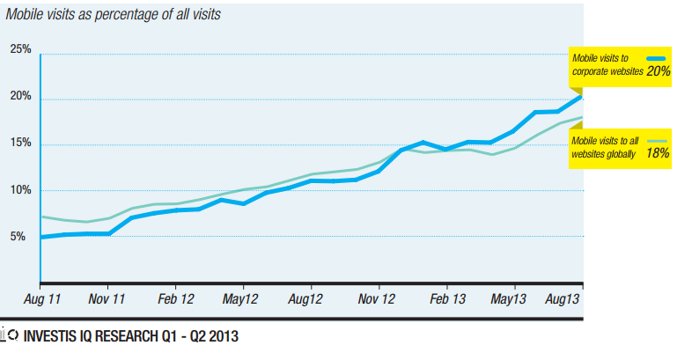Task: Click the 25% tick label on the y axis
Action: pos(20,50)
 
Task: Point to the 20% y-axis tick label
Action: pos(20,97)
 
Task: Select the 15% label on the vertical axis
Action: pos(20,143)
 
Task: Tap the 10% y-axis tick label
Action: pos(20,190)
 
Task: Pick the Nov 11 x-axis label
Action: pos(107,300)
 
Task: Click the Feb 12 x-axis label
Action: pos(174,300)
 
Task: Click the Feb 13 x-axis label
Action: pos(446,300)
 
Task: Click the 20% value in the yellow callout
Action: pos(658,71)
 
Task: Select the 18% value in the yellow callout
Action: pos(658,153)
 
